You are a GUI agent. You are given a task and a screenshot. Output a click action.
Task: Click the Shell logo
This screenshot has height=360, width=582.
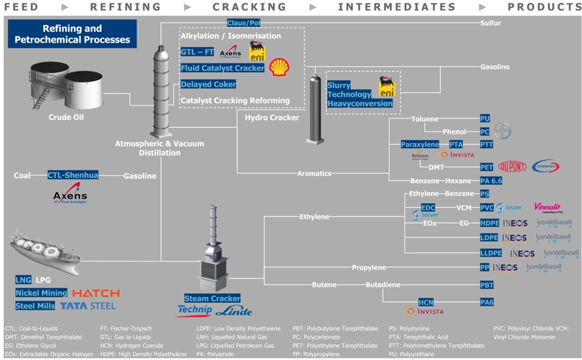(280, 66)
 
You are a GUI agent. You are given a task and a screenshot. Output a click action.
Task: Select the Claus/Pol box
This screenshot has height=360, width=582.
(243, 23)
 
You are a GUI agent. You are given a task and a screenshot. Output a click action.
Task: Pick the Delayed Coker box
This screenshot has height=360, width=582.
(208, 85)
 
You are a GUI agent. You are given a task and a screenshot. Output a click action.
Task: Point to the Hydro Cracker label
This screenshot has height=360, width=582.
(272, 118)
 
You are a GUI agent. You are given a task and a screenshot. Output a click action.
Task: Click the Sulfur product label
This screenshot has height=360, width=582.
(490, 23)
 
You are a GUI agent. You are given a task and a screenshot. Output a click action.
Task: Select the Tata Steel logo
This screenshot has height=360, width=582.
(88, 306)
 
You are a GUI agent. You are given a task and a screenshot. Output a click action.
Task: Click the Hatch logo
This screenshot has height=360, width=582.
(96, 293)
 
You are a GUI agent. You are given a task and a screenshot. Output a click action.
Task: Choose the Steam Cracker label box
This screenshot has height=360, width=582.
(212, 299)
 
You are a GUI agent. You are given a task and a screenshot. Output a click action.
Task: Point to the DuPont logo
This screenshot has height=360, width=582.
(512, 167)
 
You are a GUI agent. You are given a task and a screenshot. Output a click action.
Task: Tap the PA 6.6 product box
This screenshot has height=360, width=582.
(486, 180)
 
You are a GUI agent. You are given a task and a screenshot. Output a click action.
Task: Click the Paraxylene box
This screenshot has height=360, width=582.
(420, 144)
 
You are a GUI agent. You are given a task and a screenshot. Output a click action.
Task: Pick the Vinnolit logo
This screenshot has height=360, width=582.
(547, 207)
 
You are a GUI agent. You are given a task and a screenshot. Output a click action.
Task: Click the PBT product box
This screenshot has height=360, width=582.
(486, 285)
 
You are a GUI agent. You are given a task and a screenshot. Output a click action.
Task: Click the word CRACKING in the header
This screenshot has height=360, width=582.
(249, 7)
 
